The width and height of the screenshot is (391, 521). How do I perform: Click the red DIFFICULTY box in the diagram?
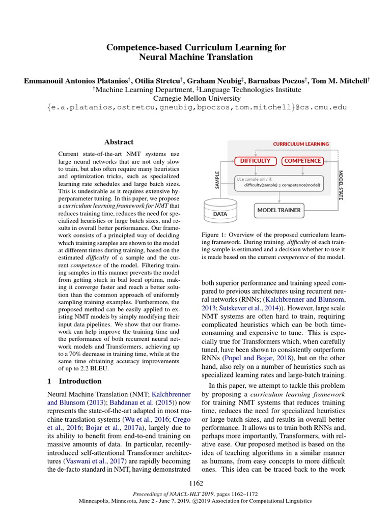coord(256,161)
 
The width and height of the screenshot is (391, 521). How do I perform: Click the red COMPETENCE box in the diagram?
coord(302,161)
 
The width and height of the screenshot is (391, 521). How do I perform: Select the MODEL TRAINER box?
coord(278,210)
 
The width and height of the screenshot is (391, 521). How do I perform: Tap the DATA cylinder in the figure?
coord(220,213)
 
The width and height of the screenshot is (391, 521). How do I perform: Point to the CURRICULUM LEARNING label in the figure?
coord(301,144)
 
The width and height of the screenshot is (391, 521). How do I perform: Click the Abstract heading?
coord(119,142)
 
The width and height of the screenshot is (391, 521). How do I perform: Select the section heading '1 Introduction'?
coord(74,381)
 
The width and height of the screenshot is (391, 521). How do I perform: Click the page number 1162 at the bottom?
coord(195,483)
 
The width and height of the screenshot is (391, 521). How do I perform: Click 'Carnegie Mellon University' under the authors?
coord(195,99)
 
